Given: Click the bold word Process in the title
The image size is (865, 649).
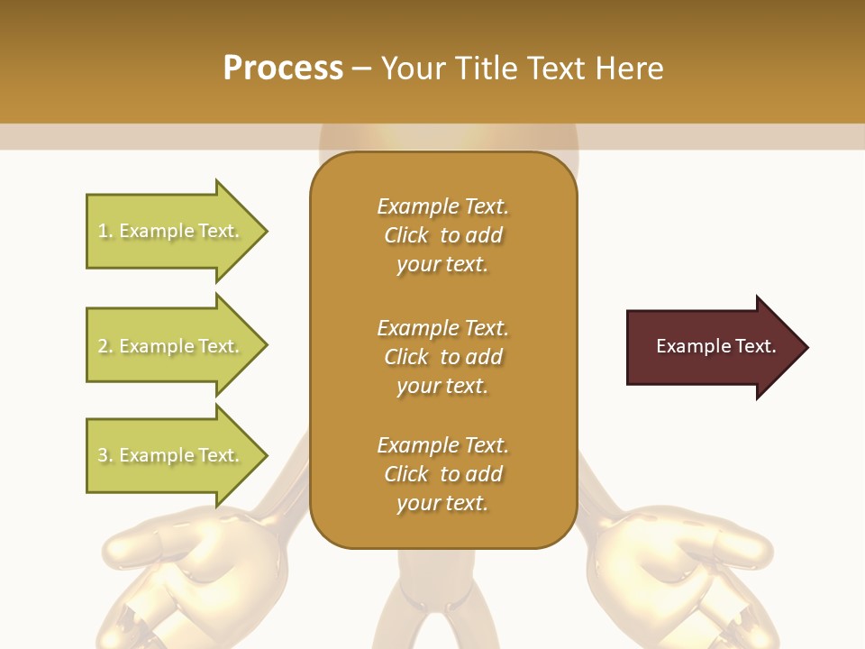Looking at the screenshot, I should (283, 69).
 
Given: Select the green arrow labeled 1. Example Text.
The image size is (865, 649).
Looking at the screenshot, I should (171, 231).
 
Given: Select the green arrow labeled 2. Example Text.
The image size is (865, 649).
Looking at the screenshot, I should (171, 346).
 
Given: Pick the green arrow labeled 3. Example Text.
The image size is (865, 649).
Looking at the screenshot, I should (171, 455).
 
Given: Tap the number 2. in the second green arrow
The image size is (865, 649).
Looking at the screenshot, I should (105, 346).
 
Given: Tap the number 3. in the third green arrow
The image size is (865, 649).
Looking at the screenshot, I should (105, 455).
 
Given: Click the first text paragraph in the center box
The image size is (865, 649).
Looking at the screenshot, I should (442, 235).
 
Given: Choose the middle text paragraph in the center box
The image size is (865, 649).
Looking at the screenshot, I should (442, 357).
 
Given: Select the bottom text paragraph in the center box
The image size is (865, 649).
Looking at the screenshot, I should (442, 474).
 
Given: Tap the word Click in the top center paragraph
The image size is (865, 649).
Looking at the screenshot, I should (406, 235).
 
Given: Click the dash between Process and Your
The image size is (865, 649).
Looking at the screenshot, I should (362, 69).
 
